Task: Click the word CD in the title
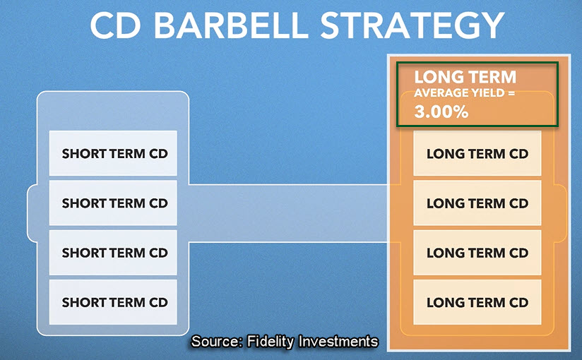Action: click(115, 25)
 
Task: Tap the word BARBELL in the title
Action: click(231, 25)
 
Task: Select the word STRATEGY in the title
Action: click(412, 25)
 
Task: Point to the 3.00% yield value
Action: click(441, 112)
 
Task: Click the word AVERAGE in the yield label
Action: click(436, 92)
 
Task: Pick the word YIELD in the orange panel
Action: click(482, 92)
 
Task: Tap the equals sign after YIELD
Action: click(511, 92)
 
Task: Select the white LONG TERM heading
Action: click(465, 77)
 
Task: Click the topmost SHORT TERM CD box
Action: click(113, 153)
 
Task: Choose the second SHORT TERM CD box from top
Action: click(113, 203)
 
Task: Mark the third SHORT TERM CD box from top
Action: click(113, 253)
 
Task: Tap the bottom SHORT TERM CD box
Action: click(113, 302)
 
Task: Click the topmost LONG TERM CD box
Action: click(477, 153)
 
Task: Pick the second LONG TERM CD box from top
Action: click(477, 203)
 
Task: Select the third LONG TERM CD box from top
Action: click(477, 253)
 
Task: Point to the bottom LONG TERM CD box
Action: click(477, 302)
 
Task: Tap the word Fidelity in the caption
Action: click(271, 342)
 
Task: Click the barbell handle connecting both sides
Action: click(288, 213)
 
